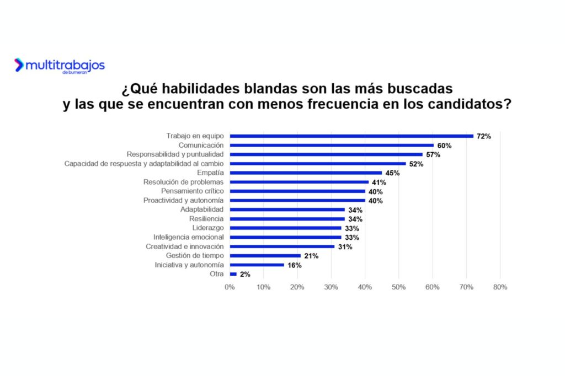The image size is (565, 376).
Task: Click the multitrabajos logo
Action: coord(59,66)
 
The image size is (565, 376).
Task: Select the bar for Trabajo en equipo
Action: coord(351,136)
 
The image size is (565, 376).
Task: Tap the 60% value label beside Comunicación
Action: coord(444,146)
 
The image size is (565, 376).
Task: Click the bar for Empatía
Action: coord(306,173)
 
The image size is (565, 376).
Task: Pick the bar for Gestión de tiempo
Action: coord(265,256)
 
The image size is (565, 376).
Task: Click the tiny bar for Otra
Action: coord(233,274)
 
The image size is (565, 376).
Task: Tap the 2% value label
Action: coord(245,274)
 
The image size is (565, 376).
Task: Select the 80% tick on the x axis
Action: coord(500,287)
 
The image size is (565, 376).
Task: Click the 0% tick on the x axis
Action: coord(230,287)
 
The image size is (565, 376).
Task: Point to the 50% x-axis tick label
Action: coord(398,287)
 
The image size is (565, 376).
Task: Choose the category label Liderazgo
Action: coord(207,228)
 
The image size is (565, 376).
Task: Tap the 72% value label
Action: coord(484,136)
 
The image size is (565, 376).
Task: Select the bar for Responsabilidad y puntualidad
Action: coord(326,154)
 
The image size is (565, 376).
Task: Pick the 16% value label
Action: coord(295,265)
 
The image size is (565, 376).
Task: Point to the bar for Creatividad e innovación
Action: coord(282,246)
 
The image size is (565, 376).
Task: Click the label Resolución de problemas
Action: coord(183,182)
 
